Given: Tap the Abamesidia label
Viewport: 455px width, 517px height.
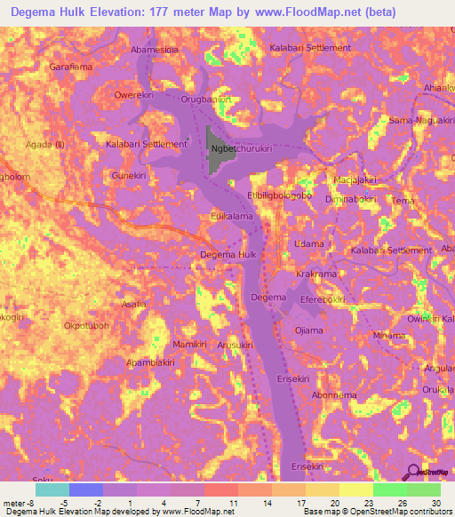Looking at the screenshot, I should pos(155,50).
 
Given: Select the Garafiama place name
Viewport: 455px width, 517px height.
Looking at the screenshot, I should pos(71,67).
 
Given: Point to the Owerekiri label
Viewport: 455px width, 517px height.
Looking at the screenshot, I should pos(137,94).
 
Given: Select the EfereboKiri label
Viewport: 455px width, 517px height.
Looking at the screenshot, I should pos(323,301).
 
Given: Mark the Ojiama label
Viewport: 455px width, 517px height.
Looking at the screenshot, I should pos(308,330).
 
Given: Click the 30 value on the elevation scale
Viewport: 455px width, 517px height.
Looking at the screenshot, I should pos(435,504).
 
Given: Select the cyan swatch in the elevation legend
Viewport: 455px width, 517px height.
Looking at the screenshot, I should pos(52,489).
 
